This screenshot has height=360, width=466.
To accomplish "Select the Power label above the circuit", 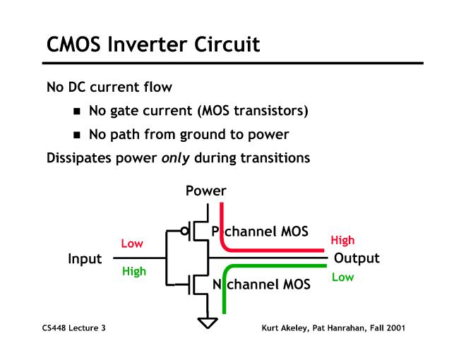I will (206, 191).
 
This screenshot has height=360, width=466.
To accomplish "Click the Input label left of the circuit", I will (85, 258).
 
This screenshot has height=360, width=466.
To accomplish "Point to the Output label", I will (357, 258).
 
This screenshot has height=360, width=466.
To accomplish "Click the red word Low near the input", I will (132, 244).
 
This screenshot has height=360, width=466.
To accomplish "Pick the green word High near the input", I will (133, 271).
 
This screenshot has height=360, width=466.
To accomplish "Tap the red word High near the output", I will (342, 241).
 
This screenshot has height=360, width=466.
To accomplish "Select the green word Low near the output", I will (342, 277).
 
